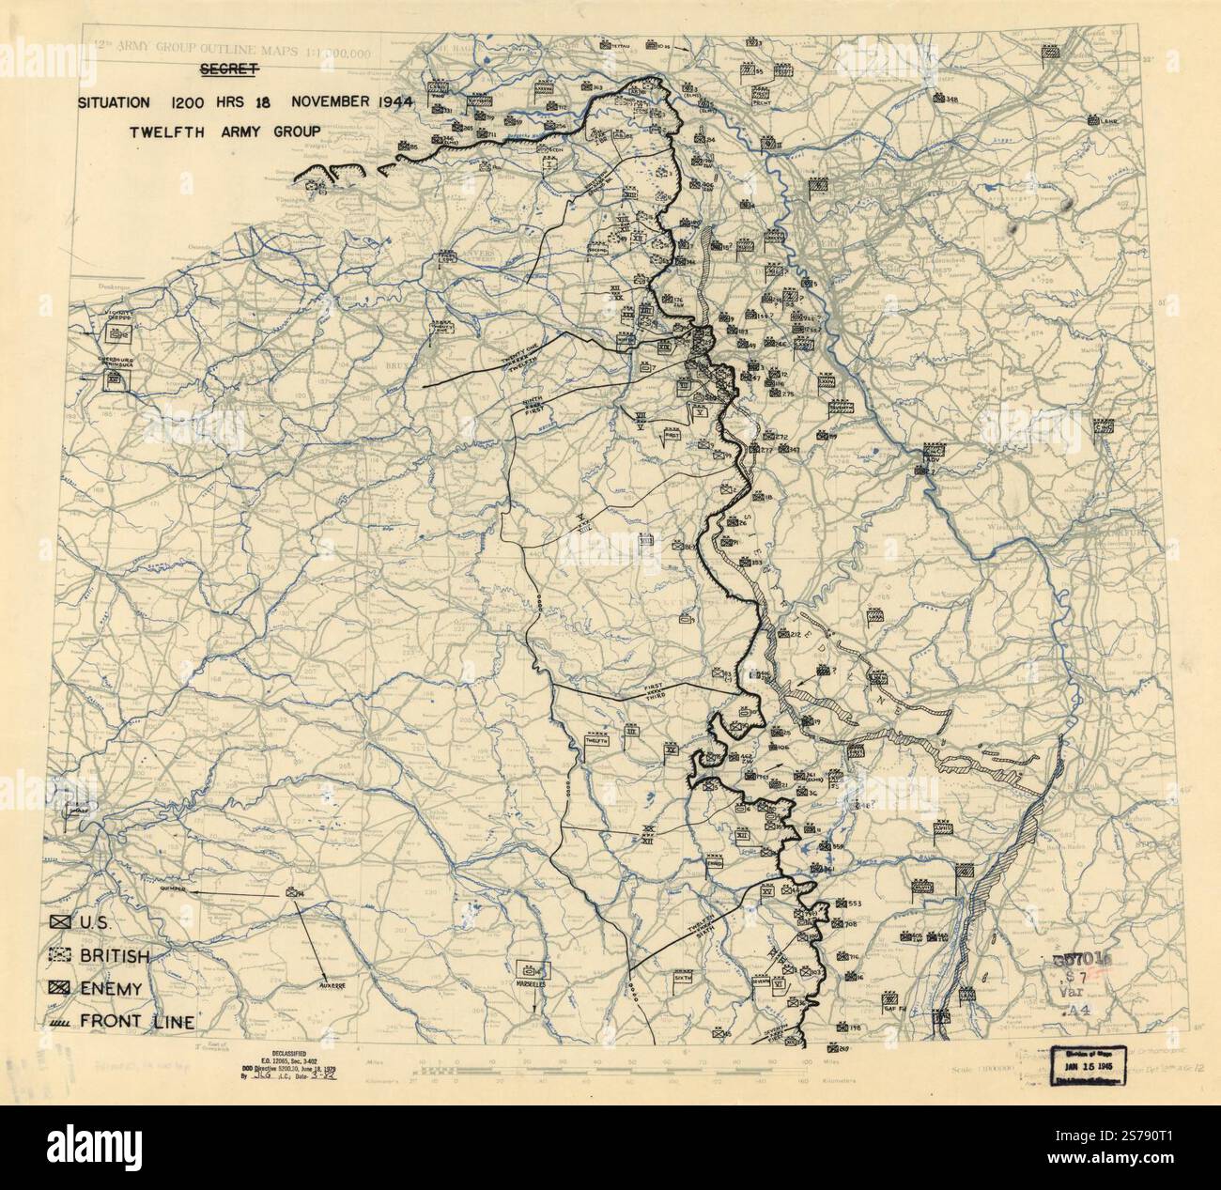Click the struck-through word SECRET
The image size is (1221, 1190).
[x=229, y=70]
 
